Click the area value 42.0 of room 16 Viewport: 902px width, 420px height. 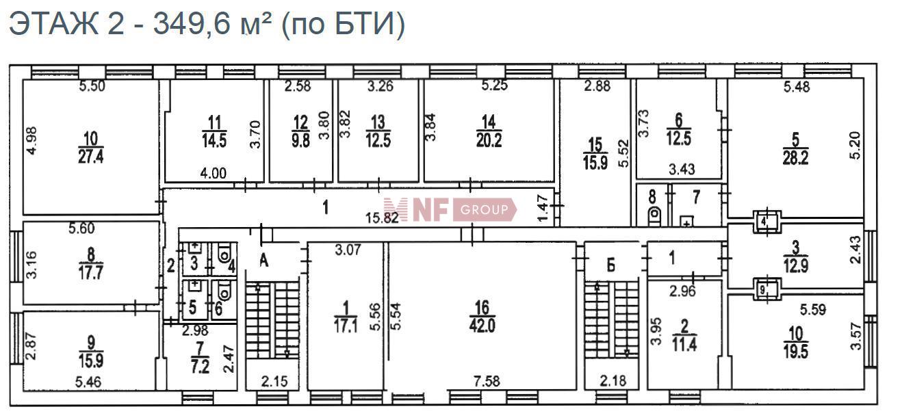point(482,326)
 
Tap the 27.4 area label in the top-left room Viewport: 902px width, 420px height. point(90,156)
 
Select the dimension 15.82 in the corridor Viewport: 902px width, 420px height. point(382,218)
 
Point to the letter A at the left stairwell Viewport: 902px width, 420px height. point(263,261)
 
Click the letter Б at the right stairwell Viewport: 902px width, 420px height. point(611,265)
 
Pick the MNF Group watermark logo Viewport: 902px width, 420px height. point(450,209)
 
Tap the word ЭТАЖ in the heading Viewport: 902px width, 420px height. point(54,23)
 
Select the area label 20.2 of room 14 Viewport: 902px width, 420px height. point(489,141)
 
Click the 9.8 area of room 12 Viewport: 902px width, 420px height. point(301,141)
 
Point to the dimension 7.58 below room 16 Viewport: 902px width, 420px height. point(487,380)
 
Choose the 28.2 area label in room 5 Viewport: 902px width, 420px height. point(795,158)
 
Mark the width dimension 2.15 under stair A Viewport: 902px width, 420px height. point(274,381)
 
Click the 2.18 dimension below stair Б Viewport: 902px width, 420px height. point(613,380)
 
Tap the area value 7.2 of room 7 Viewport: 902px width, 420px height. point(200,367)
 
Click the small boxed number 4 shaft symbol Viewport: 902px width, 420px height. point(767,221)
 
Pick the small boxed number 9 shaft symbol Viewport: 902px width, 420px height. point(767,289)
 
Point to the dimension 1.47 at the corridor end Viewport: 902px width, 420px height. point(543,208)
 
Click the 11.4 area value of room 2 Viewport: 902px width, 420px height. point(684,345)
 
